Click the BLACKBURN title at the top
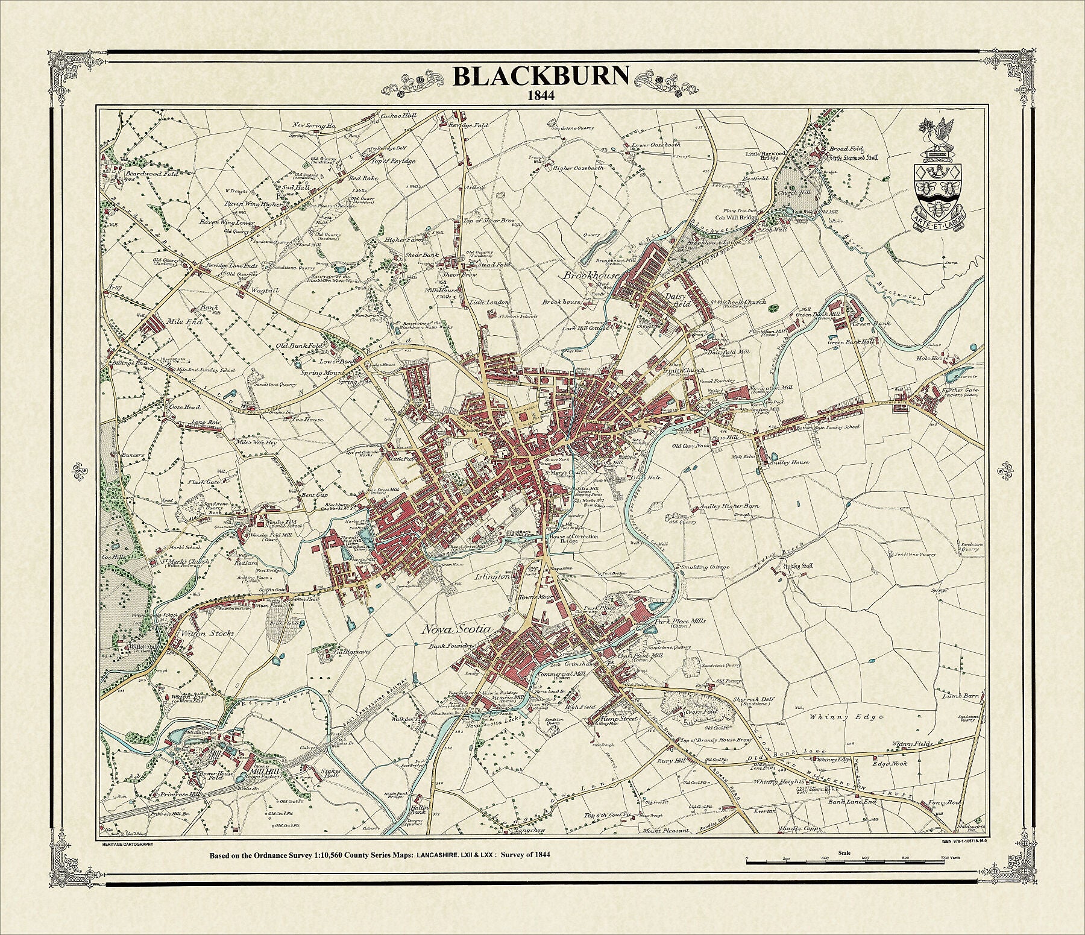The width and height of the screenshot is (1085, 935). click(x=541, y=77)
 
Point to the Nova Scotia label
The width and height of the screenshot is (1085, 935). click(x=456, y=629)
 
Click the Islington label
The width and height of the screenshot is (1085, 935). click(x=493, y=576)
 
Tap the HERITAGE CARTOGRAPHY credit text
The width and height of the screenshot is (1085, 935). click(x=124, y=844)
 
